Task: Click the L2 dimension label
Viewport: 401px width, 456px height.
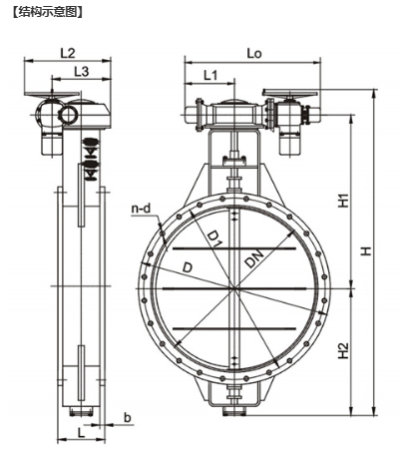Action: tap(68, 53)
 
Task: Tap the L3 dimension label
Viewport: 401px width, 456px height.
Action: tap(81, 71)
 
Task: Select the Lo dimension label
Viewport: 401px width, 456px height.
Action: tap(254, 53)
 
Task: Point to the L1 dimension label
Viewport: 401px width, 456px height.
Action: tap(210, 76)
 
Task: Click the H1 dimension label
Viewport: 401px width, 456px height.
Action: tap(344, 201)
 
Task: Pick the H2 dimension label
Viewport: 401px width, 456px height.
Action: tap(344, 350)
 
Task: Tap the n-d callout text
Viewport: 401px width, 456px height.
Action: tap(141, 209)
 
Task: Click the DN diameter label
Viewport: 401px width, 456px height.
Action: tap(254, 258)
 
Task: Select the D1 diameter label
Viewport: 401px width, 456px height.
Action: tap(214, 239)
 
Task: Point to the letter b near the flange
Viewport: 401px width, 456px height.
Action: tap(128, 417)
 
